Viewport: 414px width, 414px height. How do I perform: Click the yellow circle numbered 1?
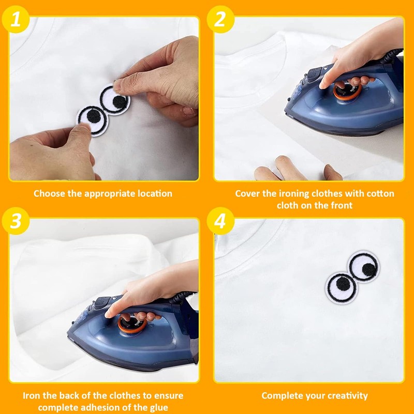click(16, 19)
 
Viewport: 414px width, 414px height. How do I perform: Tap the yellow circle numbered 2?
click(220, 19)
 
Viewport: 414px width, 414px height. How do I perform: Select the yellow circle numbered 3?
click(16, 221)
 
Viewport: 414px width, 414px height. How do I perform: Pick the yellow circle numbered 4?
click(220, 221)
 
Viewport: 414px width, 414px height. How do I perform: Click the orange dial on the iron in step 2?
click(347, 91)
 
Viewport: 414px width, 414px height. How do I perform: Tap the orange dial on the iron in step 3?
click(131, 324)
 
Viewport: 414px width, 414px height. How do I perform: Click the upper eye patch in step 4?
click(364, 267)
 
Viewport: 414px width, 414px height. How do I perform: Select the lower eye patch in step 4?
click(341, 288)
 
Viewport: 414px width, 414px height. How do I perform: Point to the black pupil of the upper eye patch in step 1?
click(119, 102)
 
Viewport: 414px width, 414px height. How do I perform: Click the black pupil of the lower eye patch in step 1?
click(94, 116)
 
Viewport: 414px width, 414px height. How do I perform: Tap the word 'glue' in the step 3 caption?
click(159, 408)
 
